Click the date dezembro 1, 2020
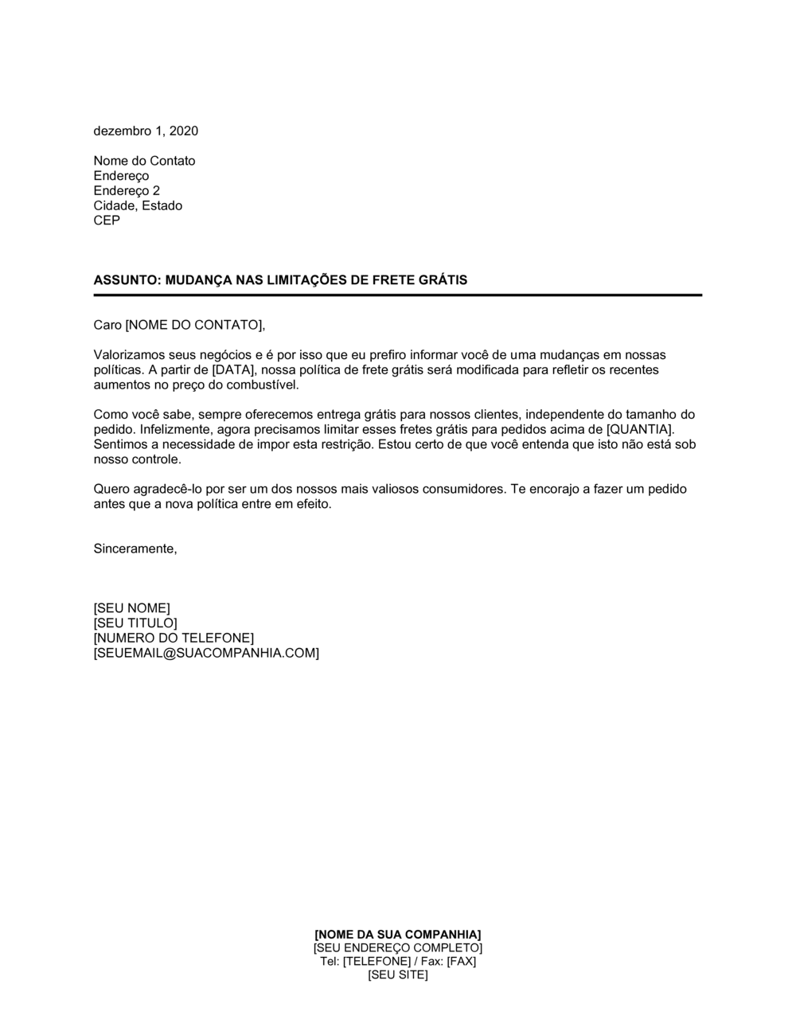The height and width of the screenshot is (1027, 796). (x=146, y=131)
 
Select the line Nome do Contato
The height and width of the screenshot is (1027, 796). (x=144, y=161)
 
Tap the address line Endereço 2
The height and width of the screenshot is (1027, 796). (x=127, y=190)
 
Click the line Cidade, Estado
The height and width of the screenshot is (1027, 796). (x=138, y=205)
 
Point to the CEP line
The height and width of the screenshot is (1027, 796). (x=107, y=221)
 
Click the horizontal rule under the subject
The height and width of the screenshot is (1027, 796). (x=398, y=295)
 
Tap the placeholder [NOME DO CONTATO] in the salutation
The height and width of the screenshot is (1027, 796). (x=193, y=325)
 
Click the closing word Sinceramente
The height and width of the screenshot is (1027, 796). (x=135, y=549)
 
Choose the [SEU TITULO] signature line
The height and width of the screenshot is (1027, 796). (x=135, y=623)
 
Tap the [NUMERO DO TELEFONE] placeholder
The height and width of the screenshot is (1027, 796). (x=174, y=638)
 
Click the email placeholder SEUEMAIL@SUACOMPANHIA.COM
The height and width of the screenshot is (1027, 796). (x=206, y=653)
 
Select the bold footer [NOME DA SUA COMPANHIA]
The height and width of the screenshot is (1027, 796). (x=398, y=934)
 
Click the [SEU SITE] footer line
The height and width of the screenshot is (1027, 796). (x=398, y=974)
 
